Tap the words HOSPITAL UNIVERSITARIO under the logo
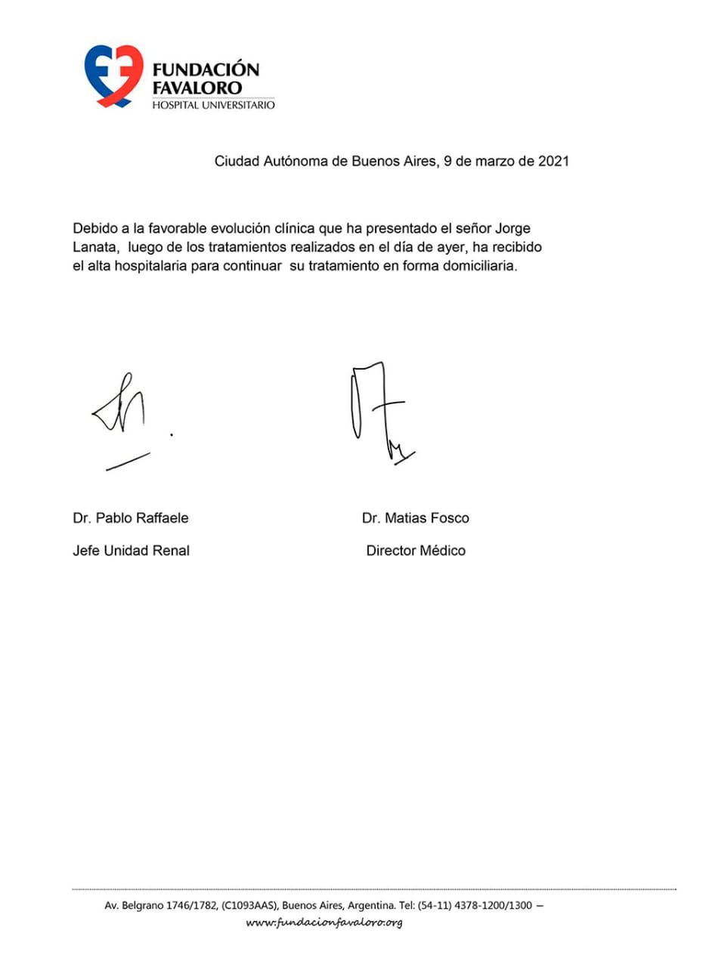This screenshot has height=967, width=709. [214, 105]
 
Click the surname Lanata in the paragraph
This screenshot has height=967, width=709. [94, 247]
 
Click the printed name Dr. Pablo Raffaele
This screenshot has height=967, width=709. [131, 518]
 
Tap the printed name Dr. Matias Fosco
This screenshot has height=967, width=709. [416, 518]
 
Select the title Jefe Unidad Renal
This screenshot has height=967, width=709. [131, 551]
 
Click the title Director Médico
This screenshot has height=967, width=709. [416, 551]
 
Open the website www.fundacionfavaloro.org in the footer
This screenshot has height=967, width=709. [324, 923]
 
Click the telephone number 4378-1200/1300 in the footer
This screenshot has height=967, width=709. [490, 905]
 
